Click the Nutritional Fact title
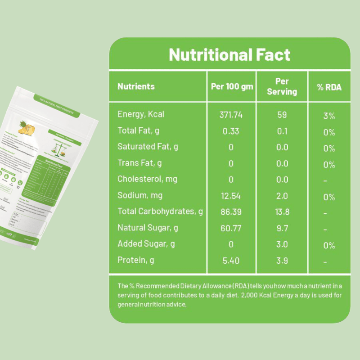229,55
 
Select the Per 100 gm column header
232,86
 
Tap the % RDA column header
329,87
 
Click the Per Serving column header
282,86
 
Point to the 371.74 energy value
231,115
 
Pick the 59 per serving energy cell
282,115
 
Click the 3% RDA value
329,116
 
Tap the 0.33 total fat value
231,131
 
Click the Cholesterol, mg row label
147,179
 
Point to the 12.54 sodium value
231,196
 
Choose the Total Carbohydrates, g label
160,211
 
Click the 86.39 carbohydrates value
231,211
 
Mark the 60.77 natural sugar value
231,228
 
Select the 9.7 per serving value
282,228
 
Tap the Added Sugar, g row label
146,244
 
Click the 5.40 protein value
231,260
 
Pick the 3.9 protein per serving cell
282,260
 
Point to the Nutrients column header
136,86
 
